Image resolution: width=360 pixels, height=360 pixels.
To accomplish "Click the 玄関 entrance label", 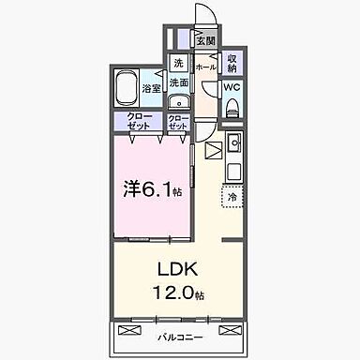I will (205, 41).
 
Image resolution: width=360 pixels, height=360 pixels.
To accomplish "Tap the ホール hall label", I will (204, 67).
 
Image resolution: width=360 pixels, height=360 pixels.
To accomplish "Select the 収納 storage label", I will (232, 63).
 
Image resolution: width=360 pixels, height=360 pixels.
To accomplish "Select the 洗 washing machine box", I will (177, 64).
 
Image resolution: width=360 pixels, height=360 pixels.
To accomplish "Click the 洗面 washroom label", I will (180, 82).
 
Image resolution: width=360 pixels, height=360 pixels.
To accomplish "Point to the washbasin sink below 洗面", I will (184, 104).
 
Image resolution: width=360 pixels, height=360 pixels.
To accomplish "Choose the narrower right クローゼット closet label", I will (178, 121).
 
